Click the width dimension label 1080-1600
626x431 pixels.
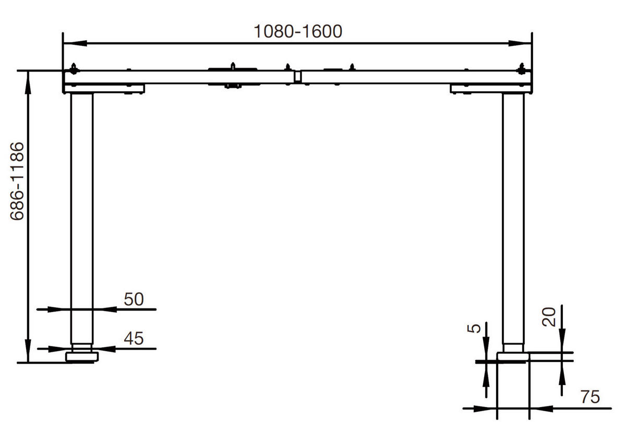point(298,31)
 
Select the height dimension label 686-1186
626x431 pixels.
point(18,181)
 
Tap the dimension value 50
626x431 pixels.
point(133,299)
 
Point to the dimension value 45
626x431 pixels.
point(133,339)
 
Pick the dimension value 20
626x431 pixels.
point(548,316)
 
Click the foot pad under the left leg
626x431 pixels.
point(82,357)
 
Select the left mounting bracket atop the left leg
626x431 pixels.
point(104,89)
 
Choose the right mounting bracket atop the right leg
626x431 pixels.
point(490,89)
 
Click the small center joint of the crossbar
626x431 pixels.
point(297,77)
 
